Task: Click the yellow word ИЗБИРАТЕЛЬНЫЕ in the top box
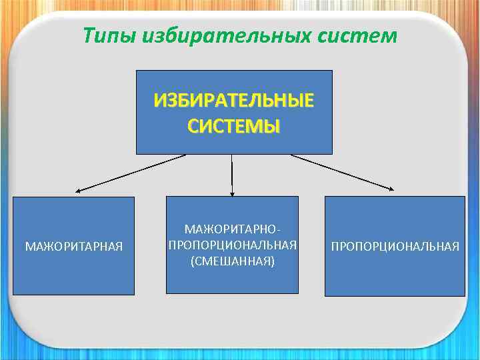(233, 101)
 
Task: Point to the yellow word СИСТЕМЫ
(233, 126)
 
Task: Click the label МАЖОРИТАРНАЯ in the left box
(73, 247)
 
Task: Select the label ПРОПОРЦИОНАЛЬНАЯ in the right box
(395, 247)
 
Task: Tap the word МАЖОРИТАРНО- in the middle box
(232, 229)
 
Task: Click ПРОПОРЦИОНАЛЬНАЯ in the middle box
(232, 245)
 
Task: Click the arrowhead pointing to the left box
(77, 191)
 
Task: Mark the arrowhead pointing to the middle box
(232, 193)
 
